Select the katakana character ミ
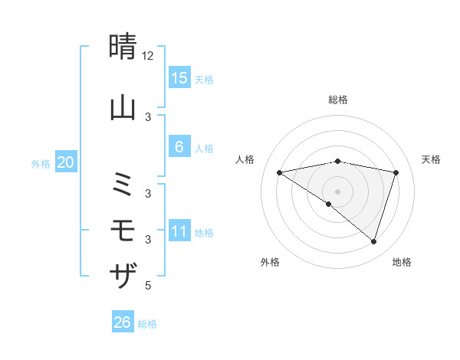(123, 185)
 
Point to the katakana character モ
(123, 231)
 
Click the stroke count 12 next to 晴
(148, 56)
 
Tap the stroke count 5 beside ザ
(148, 286)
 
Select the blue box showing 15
(179, 77)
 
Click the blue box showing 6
(179, 147)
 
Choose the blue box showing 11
(179, 231)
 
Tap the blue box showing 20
(66, 162)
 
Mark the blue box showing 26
(123, 323)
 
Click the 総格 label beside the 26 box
(147, 324)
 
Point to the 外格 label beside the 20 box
(41, 163)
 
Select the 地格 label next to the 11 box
(204, 232)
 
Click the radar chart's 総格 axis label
(337, 100)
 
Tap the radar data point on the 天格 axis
(396, 172)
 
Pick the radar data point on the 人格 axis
(279, 172)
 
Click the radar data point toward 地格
(374, 241)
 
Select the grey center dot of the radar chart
(337, 191)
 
